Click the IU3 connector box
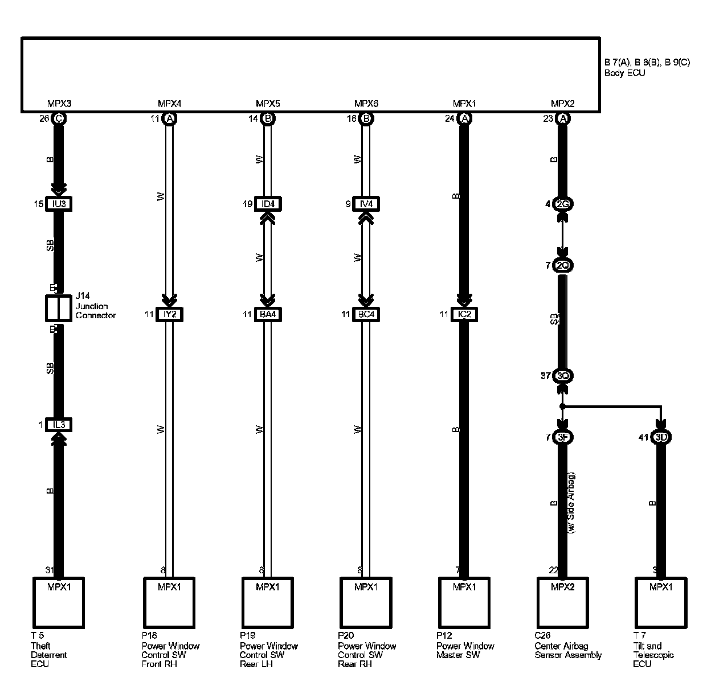pos(58,204)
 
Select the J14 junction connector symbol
pos(58,308)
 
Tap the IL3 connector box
pos(58,425)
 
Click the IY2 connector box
pos(169,314)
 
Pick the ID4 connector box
pos(268,204)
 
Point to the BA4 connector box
pos(268,314)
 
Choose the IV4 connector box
pos(366,204)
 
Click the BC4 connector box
pos(366,314)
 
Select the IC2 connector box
pos(464,314)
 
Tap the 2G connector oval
pos(563,204)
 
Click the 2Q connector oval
pos(563,265)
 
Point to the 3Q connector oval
pos(563,376)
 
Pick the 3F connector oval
pos(563,437)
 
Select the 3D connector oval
pos(661,437)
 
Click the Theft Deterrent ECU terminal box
pos(58,602)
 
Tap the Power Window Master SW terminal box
pos(464,602)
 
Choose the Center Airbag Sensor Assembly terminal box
pos(563,602)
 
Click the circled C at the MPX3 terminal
pos(58,119)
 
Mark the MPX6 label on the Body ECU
pos(366,104)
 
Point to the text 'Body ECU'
pos(624,73)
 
